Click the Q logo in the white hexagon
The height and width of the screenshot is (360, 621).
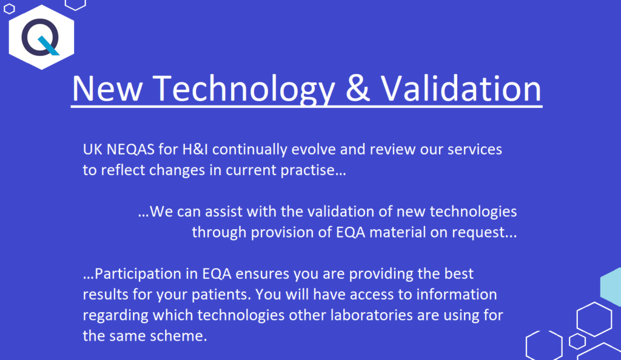click(41, 37)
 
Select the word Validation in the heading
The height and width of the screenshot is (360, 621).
click(461, 88)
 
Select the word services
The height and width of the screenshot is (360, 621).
click(472, 150)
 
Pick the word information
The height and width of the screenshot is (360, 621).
click(458, 295)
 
